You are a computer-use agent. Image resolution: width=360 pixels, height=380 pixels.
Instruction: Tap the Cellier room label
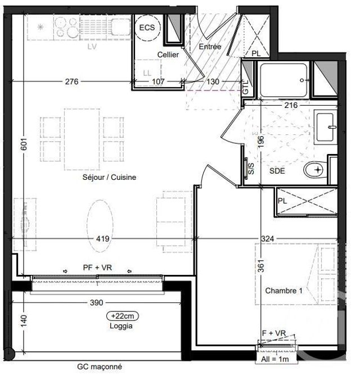(x=168, y=55)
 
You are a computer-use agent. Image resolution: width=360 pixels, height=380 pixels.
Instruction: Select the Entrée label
(x=210, y=47)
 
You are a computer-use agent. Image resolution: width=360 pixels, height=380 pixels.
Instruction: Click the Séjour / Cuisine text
(x=109, y=177)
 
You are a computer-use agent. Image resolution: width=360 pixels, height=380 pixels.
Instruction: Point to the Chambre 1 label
(x=283, y=291)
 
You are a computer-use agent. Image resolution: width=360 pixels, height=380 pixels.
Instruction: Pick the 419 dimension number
(x=102, y=239)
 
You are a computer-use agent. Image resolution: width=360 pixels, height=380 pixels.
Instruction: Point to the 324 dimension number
(x=268, y=239)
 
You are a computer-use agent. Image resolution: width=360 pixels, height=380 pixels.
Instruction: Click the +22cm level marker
(x=123, y=316)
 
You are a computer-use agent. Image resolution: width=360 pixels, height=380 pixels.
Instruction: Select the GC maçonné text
(x=100, y=367)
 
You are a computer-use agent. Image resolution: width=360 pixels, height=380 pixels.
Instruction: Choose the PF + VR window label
(x=96, y=268)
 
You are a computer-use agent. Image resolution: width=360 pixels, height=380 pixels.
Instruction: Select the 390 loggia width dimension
(x=96, y=303)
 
